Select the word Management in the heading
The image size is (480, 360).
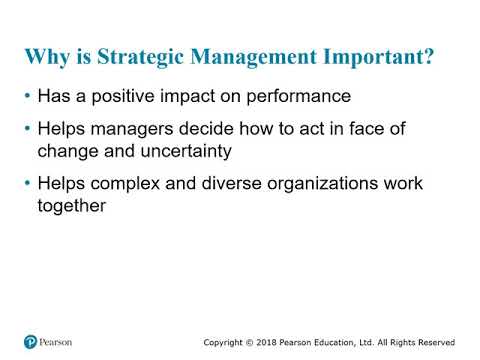click(246, 57)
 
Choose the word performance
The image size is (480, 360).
click(301, 99)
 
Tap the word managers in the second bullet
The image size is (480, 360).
click(131, 131)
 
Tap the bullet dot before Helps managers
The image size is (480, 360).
click(26, 132)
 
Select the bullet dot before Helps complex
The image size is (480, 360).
click(26, 185)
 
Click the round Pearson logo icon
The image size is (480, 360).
click(31, 341)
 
